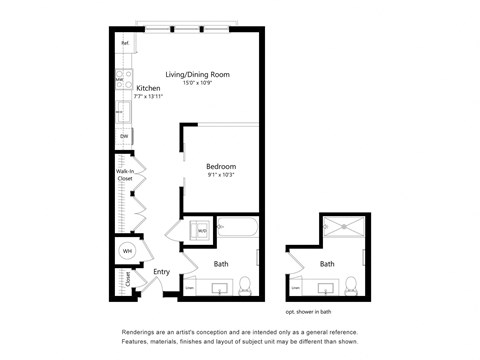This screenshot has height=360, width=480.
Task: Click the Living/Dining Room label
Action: coord(197,75)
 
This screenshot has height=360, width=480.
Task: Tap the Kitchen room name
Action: coord(149,88)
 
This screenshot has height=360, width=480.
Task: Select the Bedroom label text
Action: coord(220,166)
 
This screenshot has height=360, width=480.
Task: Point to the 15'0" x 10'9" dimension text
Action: coord(197,84)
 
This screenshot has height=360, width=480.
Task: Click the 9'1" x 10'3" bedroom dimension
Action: coord(220,176)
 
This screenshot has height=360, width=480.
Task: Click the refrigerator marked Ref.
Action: coord(126,44)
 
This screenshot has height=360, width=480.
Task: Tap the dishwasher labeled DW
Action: coord(124,136)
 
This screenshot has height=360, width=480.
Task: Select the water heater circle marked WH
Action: coord(127,251)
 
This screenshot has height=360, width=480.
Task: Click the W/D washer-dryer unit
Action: coord(201,231)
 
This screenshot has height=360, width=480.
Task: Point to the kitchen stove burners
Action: coord(122,75)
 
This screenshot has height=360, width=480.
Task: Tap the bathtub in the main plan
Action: coord(238,230)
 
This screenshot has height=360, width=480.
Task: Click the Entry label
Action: coord(160,271)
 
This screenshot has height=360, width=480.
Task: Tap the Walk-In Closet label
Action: coord(125,176)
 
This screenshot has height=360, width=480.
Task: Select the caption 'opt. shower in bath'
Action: coord(318,311)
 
